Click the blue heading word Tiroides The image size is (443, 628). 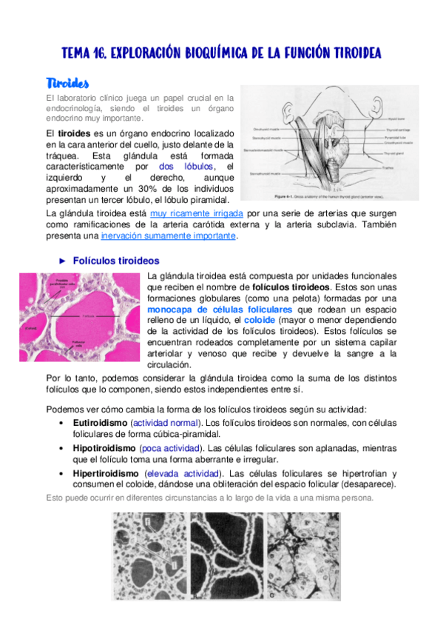pyautogui.click(x=67, y=81)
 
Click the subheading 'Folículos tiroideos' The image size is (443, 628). pyautogui.click(x=116, y=261)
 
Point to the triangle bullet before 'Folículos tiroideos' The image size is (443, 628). pyautogui.click(x=63, y=261)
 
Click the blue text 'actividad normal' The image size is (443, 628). pyautogui.click(x=167, y=422)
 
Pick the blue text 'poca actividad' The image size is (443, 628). pyautogui.click(x=169, y=448)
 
